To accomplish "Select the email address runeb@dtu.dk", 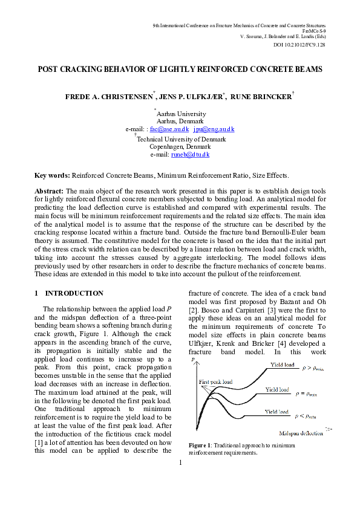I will [191, 155].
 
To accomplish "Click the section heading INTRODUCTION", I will [74, 293].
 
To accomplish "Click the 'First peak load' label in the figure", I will [215, 382].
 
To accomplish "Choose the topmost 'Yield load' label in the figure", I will [282, 365].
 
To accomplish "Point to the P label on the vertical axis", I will [192, 360].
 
